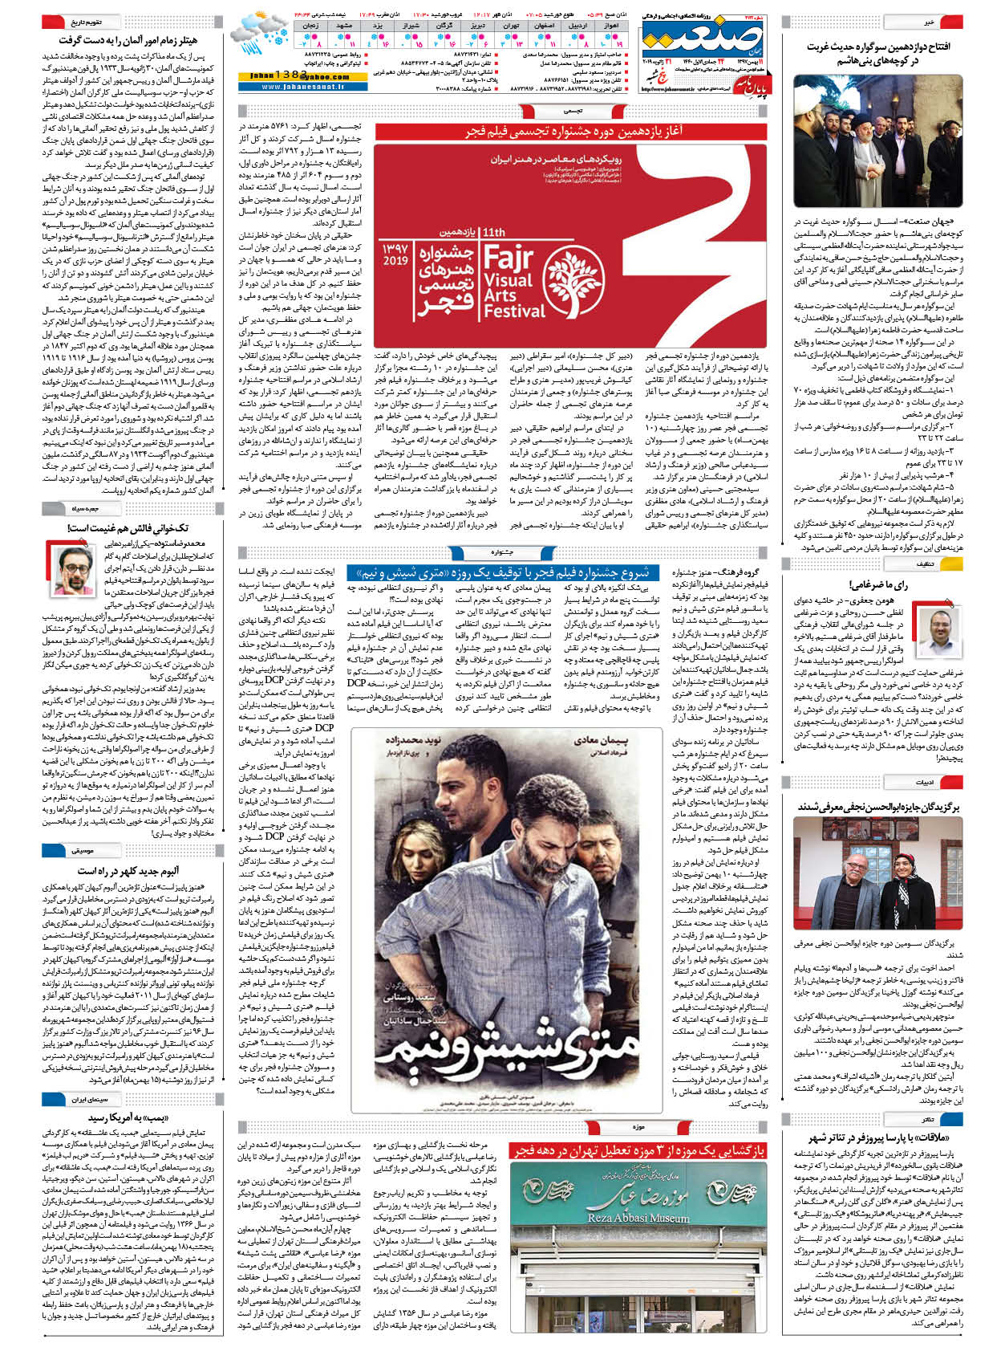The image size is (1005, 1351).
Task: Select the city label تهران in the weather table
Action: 510,26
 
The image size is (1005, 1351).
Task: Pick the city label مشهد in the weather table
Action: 346,26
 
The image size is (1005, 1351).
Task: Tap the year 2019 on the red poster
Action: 395,261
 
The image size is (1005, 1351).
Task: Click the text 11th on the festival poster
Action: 494,232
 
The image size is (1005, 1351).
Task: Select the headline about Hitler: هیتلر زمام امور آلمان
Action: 128,39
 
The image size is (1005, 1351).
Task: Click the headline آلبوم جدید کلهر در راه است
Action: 128,871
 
